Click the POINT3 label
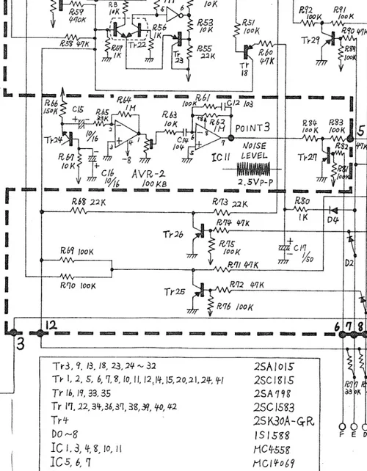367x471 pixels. [x=255, y=127]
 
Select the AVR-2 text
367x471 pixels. [x=151, y=173]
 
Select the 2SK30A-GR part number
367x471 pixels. [x=282, y=420]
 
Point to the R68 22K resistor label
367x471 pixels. [x=87, y=202]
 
